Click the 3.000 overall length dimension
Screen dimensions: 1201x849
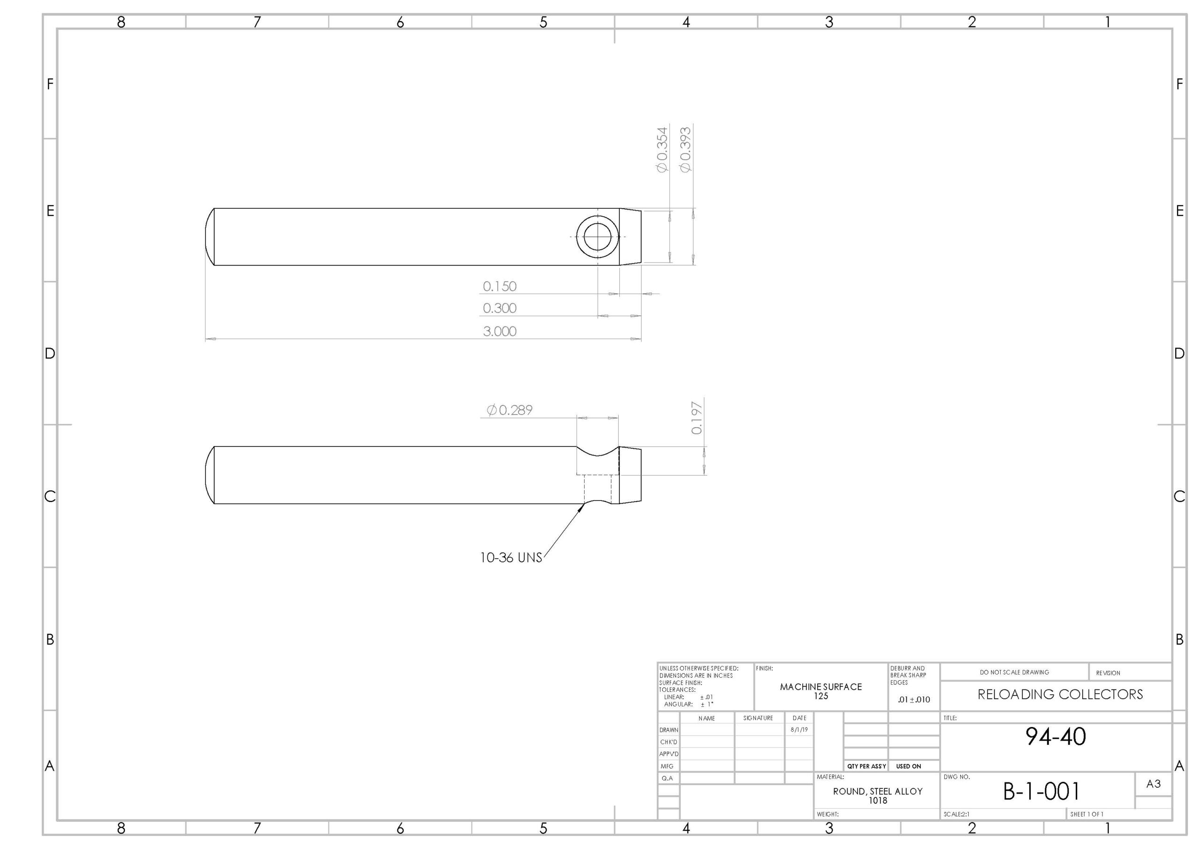[x=500, y=332]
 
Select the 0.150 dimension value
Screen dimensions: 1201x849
[x=500, y=287]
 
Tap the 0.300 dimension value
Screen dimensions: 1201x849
[x=500, y=309]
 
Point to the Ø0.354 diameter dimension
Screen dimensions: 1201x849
[x=662, y=150]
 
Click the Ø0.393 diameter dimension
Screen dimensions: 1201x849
[x=685, y=150]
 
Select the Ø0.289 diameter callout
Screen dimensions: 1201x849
[x=509, y=410]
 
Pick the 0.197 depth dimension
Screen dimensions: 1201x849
[x=697, y=418]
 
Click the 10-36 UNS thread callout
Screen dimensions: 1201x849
[x=511, y=558]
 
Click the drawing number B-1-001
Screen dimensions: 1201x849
[x=1041, y=792]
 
